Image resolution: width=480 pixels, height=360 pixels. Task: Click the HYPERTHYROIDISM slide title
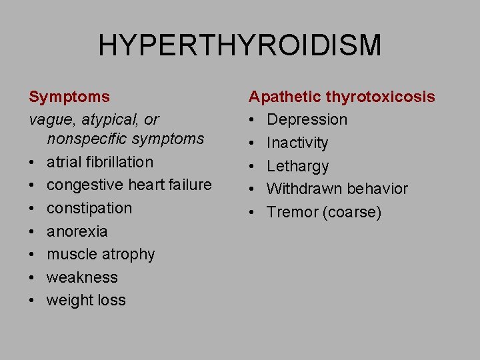point(240,45)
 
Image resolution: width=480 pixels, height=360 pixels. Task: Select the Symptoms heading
point(69,97)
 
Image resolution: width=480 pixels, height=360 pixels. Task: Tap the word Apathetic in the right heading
point(285,97)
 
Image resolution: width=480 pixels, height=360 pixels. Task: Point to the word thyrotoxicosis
point(381,97)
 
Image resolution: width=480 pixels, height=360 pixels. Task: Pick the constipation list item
point(89,208)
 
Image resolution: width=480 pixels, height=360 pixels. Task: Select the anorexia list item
point(77,231)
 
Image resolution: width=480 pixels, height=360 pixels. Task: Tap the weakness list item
point(82,277)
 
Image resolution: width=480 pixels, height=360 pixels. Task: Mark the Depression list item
point(307,120)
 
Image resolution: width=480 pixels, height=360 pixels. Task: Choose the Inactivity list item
point(297,143)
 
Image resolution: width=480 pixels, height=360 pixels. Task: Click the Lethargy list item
point(297,166)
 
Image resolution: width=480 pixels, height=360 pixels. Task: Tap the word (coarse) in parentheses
point(354,212)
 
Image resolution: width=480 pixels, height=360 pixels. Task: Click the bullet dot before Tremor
point(253,212)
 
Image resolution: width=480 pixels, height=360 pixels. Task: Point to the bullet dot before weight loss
point(33,300)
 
